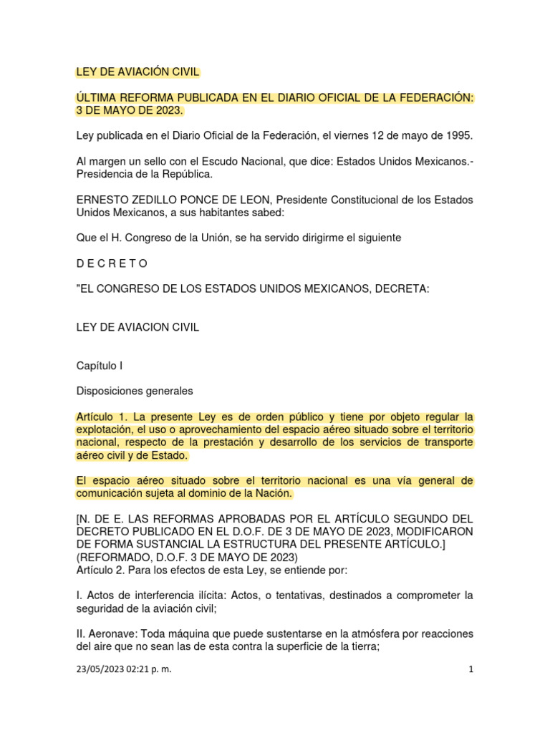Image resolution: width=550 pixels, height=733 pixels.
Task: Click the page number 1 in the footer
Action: pos(471,670)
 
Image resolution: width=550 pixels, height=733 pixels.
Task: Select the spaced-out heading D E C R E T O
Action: pos(112,263)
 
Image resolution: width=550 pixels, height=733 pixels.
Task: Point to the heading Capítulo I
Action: pos(100,366)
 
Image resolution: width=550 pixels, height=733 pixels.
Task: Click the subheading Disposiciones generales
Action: pos(135,392)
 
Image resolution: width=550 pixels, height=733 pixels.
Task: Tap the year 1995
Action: pos(458,136)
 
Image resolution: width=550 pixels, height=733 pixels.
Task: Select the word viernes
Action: pos(353,136)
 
